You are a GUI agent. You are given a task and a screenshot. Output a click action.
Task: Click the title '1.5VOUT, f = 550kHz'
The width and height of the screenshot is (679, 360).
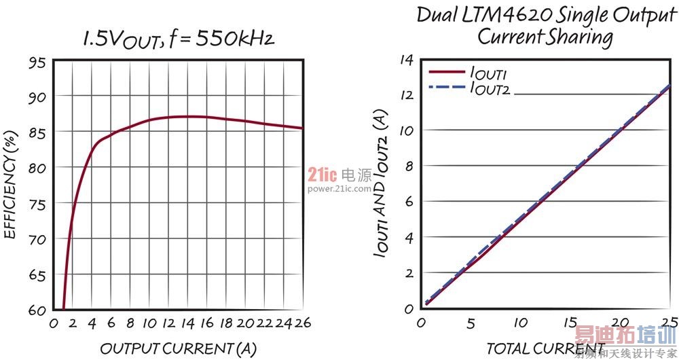pyautogui.click(x=178, y=39)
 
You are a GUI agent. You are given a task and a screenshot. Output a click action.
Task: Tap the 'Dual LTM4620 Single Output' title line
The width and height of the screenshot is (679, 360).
pyautogui.click(x=547, y=14)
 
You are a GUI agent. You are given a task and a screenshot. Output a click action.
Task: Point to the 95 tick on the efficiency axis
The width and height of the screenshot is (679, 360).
pyautogui.click(x=38, y=62)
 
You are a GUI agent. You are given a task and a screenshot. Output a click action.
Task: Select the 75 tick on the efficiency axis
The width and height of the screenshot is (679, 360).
pyautogui.click(x=38, y=204)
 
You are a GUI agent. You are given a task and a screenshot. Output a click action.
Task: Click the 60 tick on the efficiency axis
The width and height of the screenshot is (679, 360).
pyautogui.click(x=38, y=310)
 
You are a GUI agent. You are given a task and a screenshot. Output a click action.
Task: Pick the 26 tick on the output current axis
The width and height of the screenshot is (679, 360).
pyautogui.click(x=302, y=324)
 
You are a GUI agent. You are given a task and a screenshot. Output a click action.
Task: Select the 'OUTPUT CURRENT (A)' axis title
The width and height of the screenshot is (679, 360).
pyautogui.click(x=178, y=348)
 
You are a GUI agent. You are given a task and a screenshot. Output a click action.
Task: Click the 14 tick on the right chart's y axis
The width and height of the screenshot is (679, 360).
pyautogui.click(x=406, y=60)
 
